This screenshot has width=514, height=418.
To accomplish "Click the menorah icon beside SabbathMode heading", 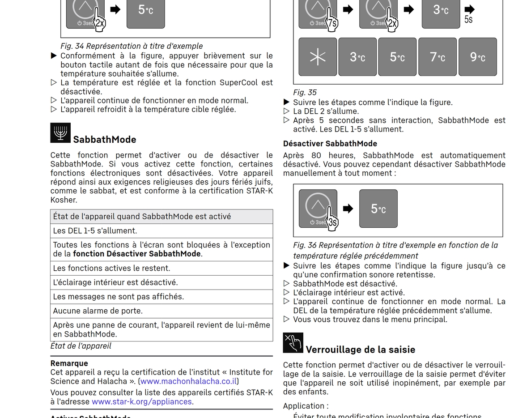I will tap(60, 133).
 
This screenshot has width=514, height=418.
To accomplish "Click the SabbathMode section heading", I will tap(105, 140).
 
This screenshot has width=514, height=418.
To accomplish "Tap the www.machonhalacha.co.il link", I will tap(188, 381).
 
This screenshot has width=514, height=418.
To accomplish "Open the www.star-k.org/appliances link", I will tap(142, 401).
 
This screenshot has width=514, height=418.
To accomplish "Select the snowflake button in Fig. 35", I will tap(318, 57).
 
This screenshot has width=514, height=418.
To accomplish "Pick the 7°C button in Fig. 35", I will tap(437, 57).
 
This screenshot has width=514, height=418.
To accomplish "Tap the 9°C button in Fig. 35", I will tap(477, 57).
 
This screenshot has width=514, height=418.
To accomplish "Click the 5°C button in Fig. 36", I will tap(378, 209).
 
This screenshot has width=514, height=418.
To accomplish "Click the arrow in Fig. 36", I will tap(348, 209).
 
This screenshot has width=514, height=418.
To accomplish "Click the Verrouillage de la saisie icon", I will tap(293, 343).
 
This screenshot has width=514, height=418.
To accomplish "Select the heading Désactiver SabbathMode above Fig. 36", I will tap(330, 144).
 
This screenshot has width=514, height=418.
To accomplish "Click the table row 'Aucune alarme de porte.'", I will tap(161, 311).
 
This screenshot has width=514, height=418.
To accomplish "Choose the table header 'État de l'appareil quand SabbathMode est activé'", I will tap(161, 217).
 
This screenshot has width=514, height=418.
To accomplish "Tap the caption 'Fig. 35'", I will tap(305, 93).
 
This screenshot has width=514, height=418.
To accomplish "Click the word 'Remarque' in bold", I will tap(69, 363).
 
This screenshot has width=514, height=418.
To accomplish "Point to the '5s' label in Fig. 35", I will tap(468, 20).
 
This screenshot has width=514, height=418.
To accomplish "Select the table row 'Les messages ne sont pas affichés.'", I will tap(161, 296).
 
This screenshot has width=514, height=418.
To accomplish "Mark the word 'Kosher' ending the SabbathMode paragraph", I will tap(64, 200).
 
